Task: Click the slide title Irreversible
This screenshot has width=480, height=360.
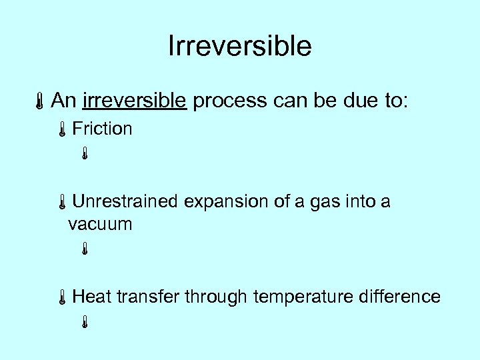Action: pyautogui.click(x=240, y=46)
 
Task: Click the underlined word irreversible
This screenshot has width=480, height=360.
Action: pyautogui.click(x=134, y=101)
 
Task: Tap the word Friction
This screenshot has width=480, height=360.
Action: pyautogui.click(x=102, y=129)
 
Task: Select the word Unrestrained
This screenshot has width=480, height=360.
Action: pyautogui.click(x=126, y=201)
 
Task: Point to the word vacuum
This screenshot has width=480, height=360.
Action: pyautogui.click(x=100, y=224)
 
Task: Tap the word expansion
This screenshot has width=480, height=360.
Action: pyautogui.click(x=227, y=201)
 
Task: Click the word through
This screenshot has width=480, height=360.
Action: pyautogui.click(x=215, y=296)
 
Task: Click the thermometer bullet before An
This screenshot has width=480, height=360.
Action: pyautogui.click(x=41, y=102)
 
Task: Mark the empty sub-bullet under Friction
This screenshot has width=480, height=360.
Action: pyautogui.click(x=85, y=155)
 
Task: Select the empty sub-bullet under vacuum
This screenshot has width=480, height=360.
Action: pyautogui.click(x=85, y=250)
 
